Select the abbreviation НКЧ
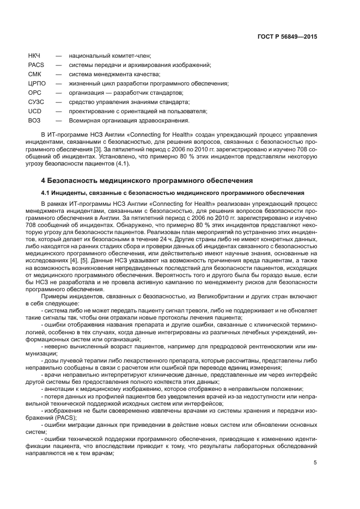point(34,56)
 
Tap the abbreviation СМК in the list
point(34,74)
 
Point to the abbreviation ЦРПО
point(37,83)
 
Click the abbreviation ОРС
point(34,93)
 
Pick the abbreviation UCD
point(34,111)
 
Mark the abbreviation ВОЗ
point(34,120)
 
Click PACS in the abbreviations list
point(35,65)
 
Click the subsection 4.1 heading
point(173,193)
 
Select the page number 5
point(315,463)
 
